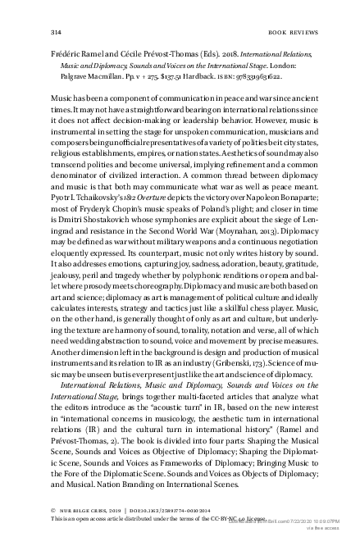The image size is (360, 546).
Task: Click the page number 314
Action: click(x=57, y=32)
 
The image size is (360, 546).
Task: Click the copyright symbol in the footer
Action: click(x=53, y=508)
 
